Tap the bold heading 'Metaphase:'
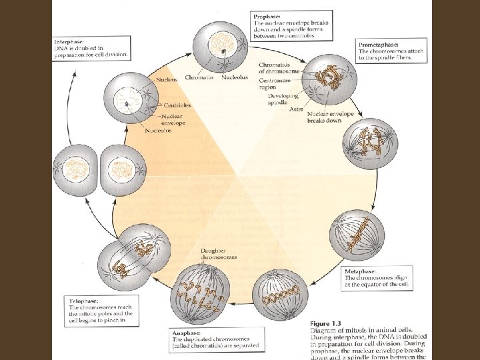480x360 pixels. click(361, 272)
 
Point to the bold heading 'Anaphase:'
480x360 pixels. click(182, 332)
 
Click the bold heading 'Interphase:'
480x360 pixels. click(69, 41)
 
